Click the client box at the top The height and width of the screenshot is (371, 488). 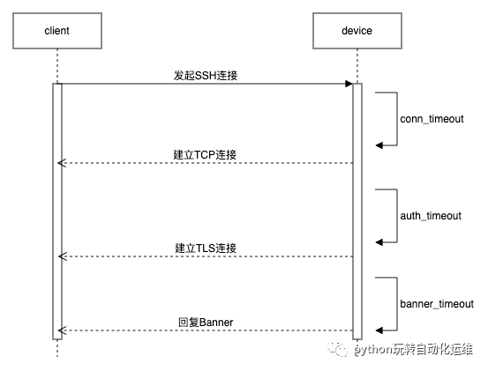(x=56, y=31)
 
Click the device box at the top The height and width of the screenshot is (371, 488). (x=356, y=31)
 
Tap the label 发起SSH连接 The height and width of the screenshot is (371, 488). (x=205, y=76)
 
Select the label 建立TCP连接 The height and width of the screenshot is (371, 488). (x=205, y=154)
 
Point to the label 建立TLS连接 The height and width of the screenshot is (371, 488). (x=205, y=248)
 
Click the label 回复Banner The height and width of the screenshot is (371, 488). (x=204, y=322)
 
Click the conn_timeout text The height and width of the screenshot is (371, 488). (x=432, y=118)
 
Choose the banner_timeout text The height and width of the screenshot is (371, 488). (x=437, y=303)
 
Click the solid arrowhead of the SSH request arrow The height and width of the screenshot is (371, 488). (x=348, y=84)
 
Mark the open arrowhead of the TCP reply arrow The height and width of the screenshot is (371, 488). (x=62, y=163)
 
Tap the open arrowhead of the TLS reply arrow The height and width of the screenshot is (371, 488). (x=62, y=256)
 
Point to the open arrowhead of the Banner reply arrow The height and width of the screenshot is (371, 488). (x=62, y=330)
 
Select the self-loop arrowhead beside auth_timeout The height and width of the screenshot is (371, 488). (x=379, y=241)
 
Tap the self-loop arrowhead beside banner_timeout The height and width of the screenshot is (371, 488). (x=379, y=330)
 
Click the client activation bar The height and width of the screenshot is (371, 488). (x=56, y=211)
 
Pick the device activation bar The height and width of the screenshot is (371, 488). (x=357, y=211)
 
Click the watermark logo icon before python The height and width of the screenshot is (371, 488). (x=341, y=350)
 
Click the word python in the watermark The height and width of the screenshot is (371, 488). (x=373, y=351)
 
